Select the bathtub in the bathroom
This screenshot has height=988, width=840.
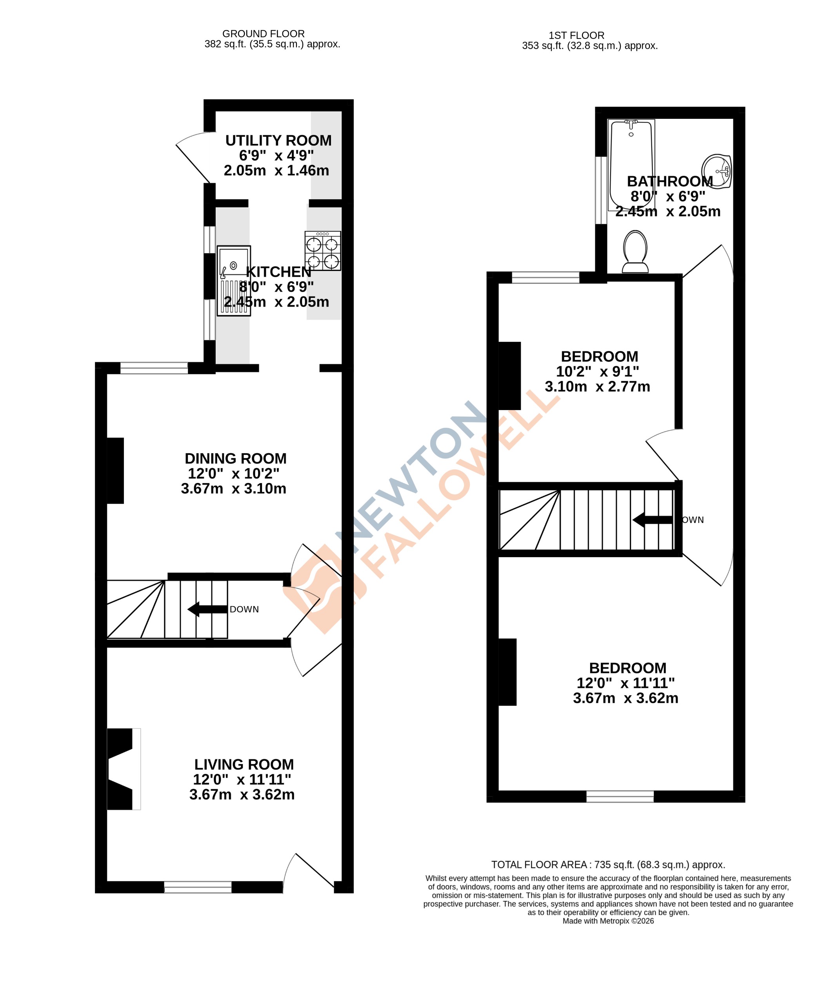631,164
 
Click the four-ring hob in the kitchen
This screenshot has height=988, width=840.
322,251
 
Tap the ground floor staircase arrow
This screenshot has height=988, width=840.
207,609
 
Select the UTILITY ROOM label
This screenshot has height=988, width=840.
278,140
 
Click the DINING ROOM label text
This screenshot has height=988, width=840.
235,459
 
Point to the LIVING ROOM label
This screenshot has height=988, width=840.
244,764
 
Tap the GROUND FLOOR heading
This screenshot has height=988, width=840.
264,34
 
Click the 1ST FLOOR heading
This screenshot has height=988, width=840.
576,35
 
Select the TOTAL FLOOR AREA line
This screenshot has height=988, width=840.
608,864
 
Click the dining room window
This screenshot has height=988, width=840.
154,368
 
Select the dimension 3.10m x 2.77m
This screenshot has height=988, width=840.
597,387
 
